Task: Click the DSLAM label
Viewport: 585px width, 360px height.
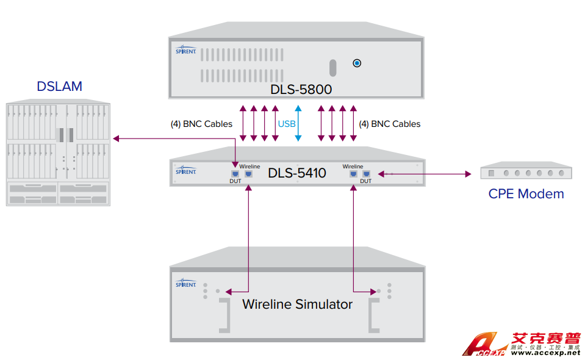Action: [59, 86]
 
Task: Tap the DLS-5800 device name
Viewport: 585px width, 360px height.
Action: [301, 90]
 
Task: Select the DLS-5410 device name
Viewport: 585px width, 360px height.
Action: [296, 173]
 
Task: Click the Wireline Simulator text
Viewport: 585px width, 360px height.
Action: [297, 304]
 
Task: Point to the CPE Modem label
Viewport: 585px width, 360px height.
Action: [526, 194]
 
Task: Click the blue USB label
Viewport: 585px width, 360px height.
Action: [287, 124]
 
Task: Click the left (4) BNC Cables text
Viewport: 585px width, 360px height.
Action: [201, 124]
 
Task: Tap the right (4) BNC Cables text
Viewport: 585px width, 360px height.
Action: [389, 124]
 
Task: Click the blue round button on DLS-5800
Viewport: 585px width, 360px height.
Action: [357, 63]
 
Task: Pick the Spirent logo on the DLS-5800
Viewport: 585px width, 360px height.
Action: [185, 49]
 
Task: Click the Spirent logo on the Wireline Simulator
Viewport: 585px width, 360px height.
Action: [185, 284]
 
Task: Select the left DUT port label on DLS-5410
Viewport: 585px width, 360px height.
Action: [235, 181]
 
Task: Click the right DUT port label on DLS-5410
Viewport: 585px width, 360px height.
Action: [366, 181]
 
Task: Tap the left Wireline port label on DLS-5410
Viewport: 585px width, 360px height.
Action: [249, 167]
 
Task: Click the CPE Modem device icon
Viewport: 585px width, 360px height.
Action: [526, 173]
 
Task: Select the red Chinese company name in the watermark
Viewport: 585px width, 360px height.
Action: [545, 339]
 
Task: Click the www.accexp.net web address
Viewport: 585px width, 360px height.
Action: [545, 353]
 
